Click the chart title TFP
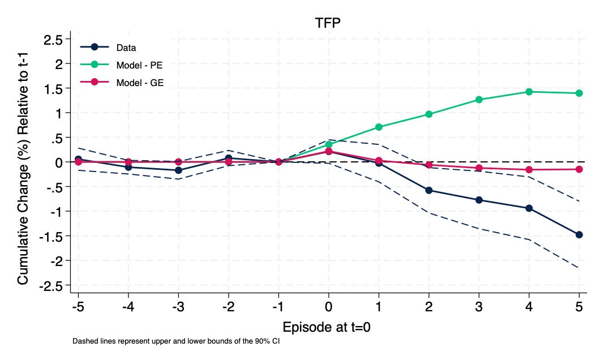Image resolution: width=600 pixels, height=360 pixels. (328, 23)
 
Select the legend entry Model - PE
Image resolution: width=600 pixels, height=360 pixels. (139, 65)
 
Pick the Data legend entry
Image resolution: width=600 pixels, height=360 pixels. (126, 47)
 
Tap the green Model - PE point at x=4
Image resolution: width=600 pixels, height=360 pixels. (529, 92)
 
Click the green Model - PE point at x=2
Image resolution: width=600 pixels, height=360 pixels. (429, 114)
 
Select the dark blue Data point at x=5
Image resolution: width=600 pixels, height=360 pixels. (579, 234)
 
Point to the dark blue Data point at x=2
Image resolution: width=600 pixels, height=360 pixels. (429, 190)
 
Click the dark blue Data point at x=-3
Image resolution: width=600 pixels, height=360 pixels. (178, 170)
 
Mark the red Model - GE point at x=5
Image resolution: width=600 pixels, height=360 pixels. (579, 169)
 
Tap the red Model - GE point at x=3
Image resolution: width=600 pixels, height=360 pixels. (479, 168)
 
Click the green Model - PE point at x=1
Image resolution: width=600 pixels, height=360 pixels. (379, 127)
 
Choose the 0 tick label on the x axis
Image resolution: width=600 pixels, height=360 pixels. (329, 307)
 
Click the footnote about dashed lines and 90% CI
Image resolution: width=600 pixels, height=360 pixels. (176, 342)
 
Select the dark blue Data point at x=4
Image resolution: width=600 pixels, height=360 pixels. (529, 208)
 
